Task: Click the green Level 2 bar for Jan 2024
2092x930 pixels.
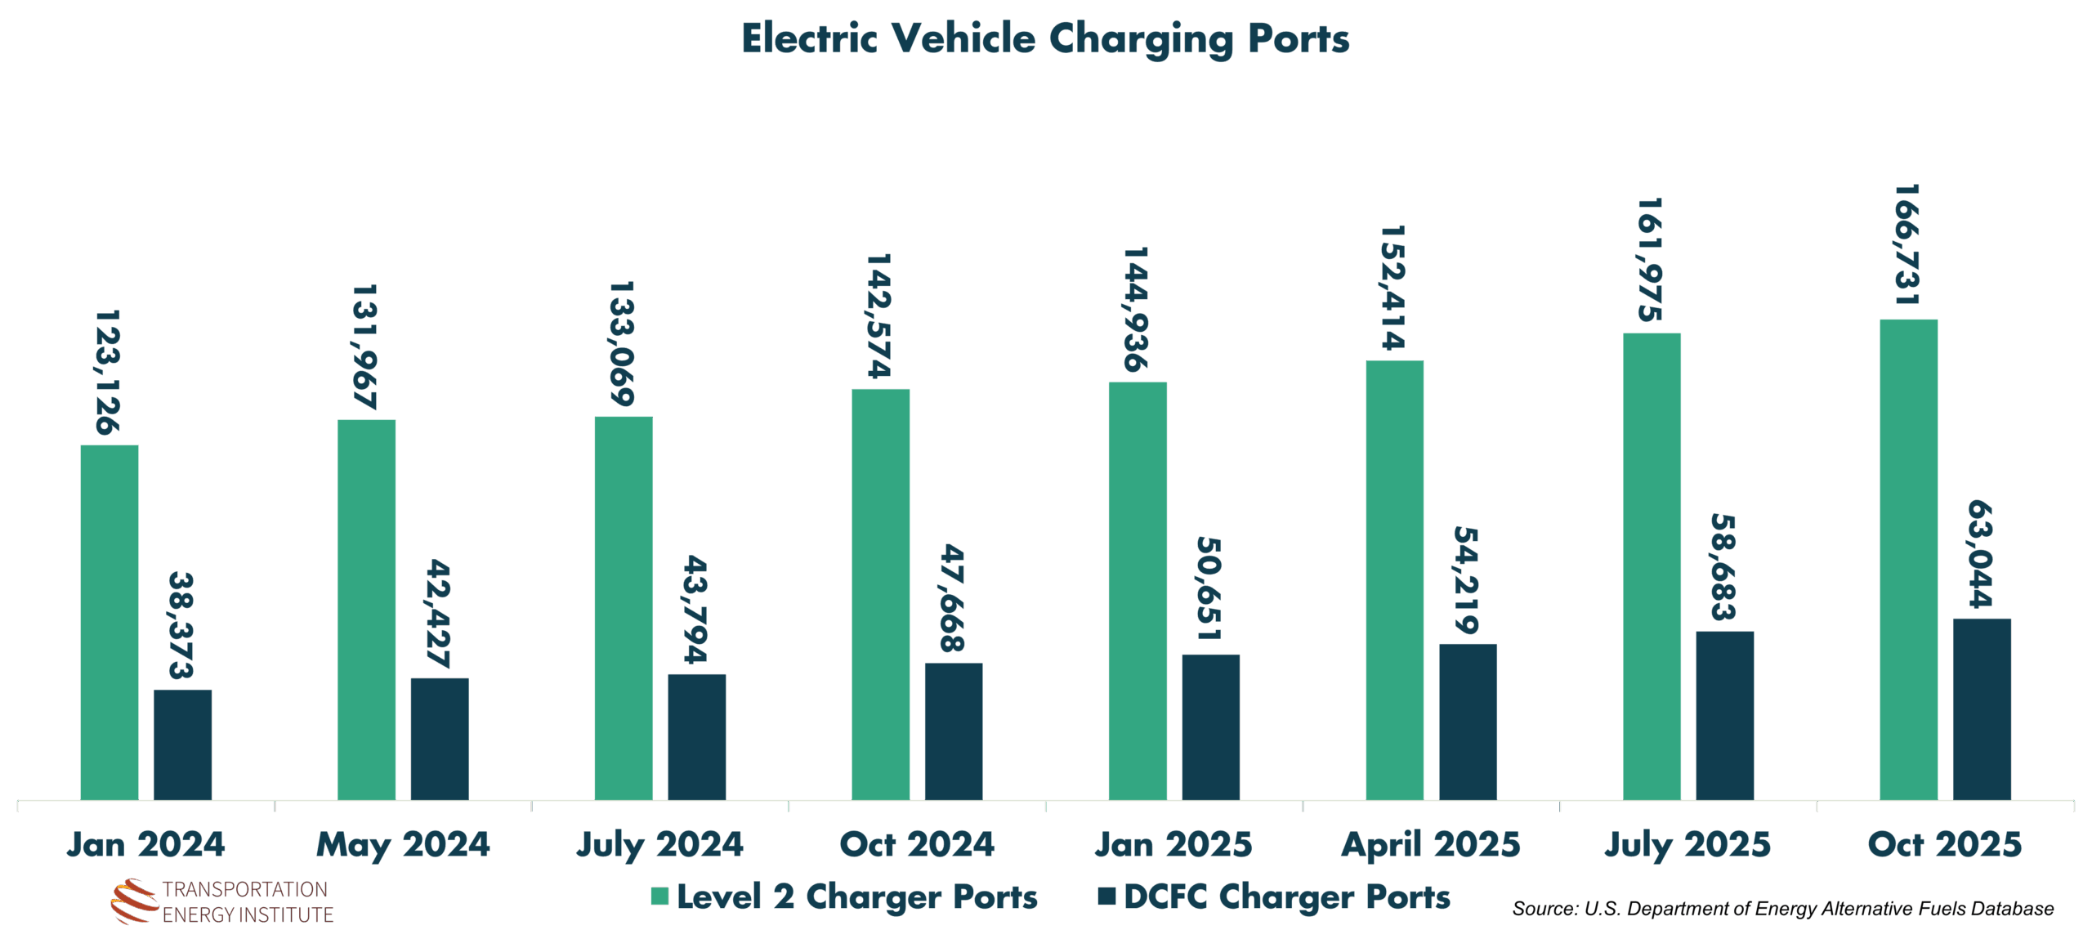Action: click(110, 622)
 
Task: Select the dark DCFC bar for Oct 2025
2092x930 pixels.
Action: click(1982, 709)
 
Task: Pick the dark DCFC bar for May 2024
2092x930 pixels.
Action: click(440, 738)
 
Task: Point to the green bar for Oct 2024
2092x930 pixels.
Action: click(880, 593)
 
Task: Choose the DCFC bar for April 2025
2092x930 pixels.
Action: click(1468, 721)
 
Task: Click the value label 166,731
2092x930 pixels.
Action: click(1906, 245)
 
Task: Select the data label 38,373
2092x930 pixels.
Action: click(181, 625)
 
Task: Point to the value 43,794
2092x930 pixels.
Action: click(695, 609)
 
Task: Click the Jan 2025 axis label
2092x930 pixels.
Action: click(1173, 845)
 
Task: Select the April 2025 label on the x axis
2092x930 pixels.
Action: click(1431, 845)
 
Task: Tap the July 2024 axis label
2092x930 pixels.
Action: click(659, 845)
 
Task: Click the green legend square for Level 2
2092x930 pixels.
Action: click(659, 896)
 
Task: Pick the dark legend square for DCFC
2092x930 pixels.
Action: click(1106, 896)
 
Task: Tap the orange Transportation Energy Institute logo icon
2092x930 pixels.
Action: click(134, 901)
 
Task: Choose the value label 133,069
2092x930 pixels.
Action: click(622, 344)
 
